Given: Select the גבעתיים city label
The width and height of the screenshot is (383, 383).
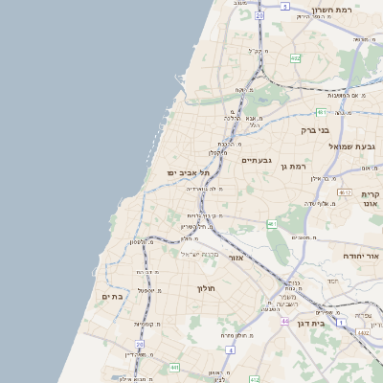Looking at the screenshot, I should (259, 160).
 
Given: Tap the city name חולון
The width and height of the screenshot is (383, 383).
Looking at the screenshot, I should (208, 288).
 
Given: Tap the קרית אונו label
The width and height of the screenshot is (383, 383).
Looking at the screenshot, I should (371, 198).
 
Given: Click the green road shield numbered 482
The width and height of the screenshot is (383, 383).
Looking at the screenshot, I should (295, 58).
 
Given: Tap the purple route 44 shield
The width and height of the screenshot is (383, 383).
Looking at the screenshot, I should (284, 321).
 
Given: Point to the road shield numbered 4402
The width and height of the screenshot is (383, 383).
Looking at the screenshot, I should (367, 332).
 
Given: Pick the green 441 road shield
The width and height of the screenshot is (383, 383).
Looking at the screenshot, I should (174, 367).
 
